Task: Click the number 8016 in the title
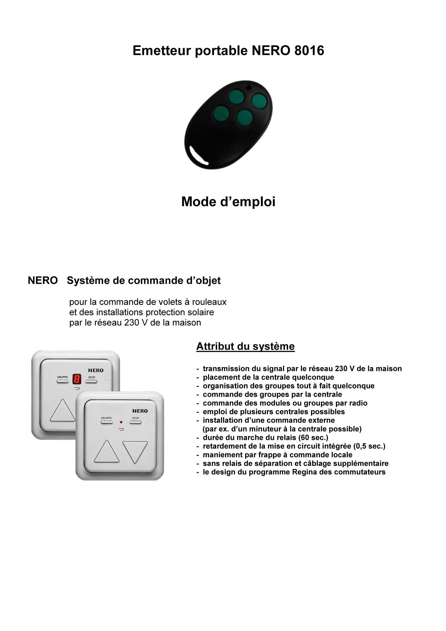pos(309,51)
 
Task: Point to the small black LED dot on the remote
pos(249,87)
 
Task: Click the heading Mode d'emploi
pos(228,202)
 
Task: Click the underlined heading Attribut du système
pos(245,347)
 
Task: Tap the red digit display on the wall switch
pos(77,379)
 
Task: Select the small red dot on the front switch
pos(121,422)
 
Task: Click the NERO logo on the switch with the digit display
pos(95,370)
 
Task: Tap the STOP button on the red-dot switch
pos(135,422)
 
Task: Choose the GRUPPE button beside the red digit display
pos(62,381)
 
